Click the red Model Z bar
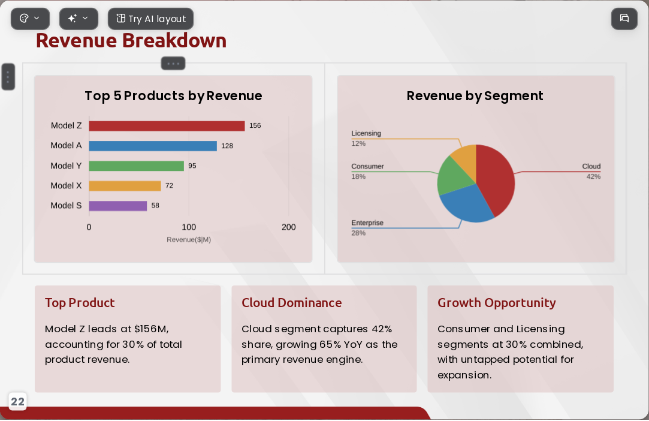coord(167,126)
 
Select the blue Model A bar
coord(153,146)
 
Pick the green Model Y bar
coord(136,166)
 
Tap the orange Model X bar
coord(125,186)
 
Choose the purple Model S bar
coord(118,206)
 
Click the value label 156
coord(255,125)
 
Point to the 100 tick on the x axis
coord(189,227)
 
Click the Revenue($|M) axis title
coord(189,239)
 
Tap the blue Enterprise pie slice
coord(466,204)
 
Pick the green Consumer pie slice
coord(453,176)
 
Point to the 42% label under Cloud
coord(593,176)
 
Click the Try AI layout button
coord(150,19)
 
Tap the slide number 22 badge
coord(17,402)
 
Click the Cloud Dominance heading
coord(292,303)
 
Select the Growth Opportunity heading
coord(497,303)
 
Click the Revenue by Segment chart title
coord(475,96)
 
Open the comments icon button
coord(624,18)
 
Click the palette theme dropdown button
coord(30,19)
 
